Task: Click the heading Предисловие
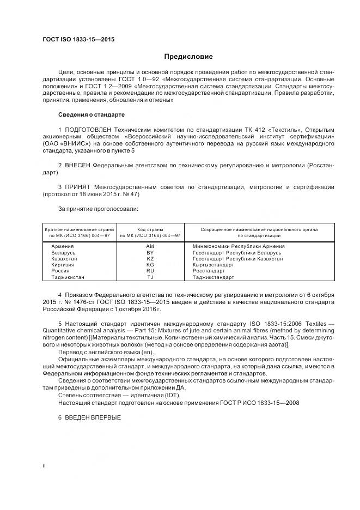tap(189, 56)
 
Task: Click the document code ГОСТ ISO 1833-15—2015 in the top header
tap(78, 40)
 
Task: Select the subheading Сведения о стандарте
tap(91, 115)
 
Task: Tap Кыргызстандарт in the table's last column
tap(213, 265)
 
